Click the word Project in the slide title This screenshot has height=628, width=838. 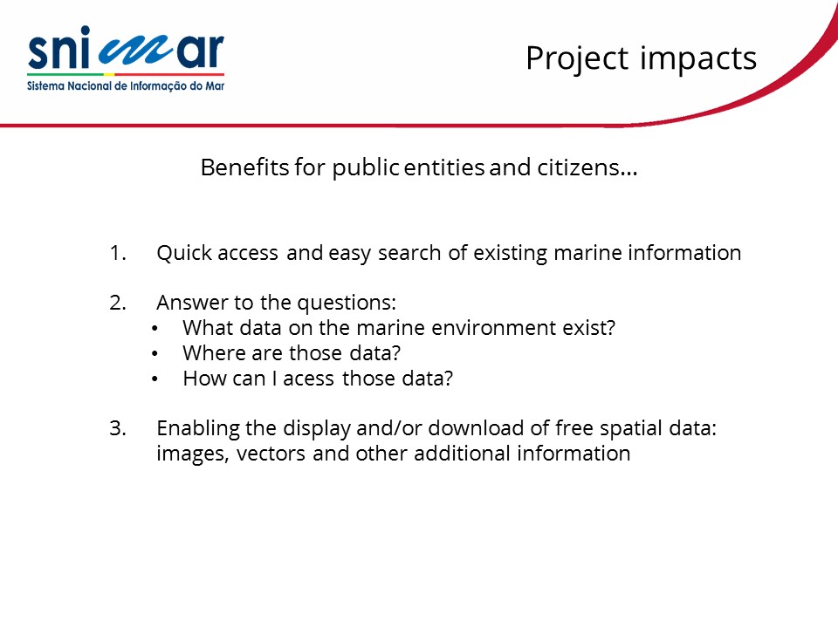(577, 58)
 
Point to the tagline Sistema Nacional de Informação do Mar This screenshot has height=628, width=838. (126, 86)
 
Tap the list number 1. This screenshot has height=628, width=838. (118, 253)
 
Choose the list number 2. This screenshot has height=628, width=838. (118, 303)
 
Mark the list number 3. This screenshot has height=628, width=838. (118, 428)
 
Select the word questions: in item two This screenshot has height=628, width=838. (347, 304)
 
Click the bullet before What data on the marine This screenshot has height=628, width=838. (155, 329)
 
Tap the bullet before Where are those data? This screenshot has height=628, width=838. (155, 353)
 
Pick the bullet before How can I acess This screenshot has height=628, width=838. (155, 379)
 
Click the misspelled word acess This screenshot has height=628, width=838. (309, 379)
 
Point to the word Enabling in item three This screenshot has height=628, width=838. (198, 429)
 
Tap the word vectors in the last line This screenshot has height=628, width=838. (271, 454)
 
